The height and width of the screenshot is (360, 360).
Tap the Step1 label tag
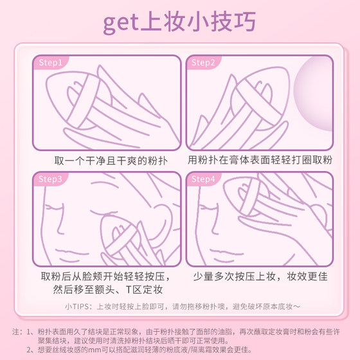pyautogui.click(x=50, y=63)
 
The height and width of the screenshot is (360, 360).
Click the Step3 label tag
pyautogui.click(x=50, y=179)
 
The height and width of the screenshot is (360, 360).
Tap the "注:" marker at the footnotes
pyautogui.click(x=17, y=331)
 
